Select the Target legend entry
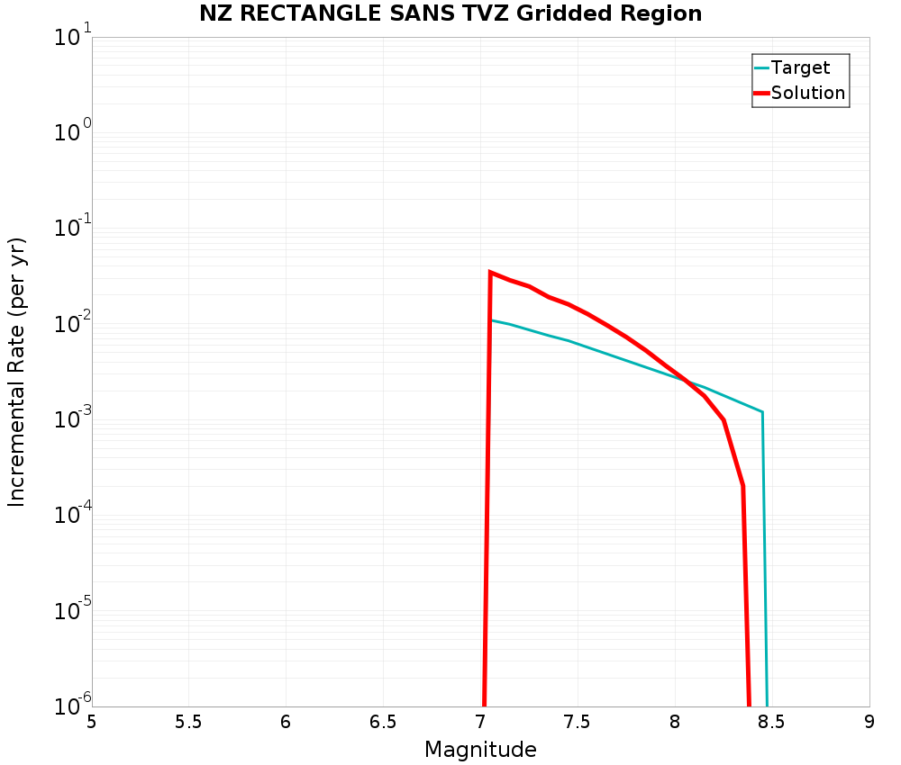coord(800,67)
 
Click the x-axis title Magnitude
coord(480,750)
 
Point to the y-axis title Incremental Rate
coord(17,371)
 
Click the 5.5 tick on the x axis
coord(188,722)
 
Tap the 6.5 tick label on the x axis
coord(383,722)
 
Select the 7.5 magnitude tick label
coord(577,722)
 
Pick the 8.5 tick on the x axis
coord(771,722)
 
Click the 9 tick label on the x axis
coord(869,722)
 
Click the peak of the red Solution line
coord(490,272)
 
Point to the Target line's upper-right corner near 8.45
coord(762,412)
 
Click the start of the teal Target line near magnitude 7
coord(492,320)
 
